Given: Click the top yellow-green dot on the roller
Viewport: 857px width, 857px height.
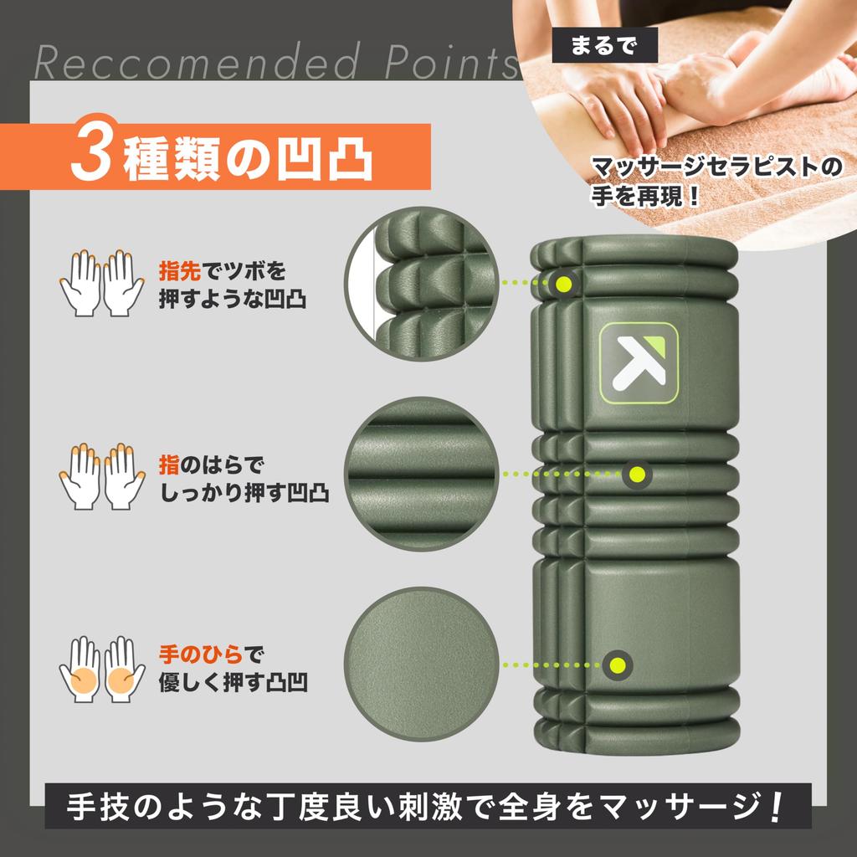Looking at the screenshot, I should (565, 283).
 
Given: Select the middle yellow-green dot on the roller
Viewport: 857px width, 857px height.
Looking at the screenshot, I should (637, 475).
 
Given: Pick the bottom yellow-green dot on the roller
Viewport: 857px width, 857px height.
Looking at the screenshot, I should (619, 665).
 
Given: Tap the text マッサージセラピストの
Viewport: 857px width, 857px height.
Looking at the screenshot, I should (716, 167).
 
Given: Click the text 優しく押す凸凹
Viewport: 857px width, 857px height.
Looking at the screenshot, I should (232, 683).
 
